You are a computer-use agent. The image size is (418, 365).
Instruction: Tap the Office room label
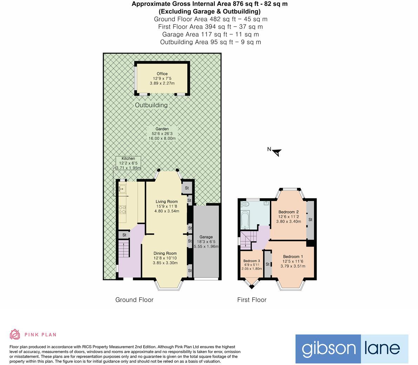(162, 79)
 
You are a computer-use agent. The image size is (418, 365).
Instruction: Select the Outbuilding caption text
(151, 105)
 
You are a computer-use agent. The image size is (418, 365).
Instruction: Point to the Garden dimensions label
(162, 134)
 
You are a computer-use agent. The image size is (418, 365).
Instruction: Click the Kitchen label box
(128, 163)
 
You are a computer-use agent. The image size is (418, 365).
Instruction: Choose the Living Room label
(167, 206)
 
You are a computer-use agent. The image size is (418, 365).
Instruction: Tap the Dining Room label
(165, 258)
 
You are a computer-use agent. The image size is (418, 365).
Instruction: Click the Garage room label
(206, 242)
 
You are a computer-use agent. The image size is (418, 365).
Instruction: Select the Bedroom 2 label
(288, 217)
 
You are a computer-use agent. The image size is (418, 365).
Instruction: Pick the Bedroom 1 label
(293, 261)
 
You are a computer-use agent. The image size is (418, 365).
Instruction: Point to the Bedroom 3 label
(252, 265)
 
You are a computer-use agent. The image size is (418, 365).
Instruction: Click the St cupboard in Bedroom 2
(310, 220)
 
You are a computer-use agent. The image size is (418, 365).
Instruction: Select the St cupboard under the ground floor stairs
(124, 235)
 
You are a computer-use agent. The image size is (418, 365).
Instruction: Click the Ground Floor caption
(134, 300)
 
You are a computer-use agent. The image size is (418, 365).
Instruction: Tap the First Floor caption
(252, 300)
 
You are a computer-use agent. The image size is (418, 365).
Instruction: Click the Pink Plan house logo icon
(15, 334)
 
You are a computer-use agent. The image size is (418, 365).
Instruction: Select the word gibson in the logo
(328, 349)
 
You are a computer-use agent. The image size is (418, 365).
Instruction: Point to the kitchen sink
(122, 189)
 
